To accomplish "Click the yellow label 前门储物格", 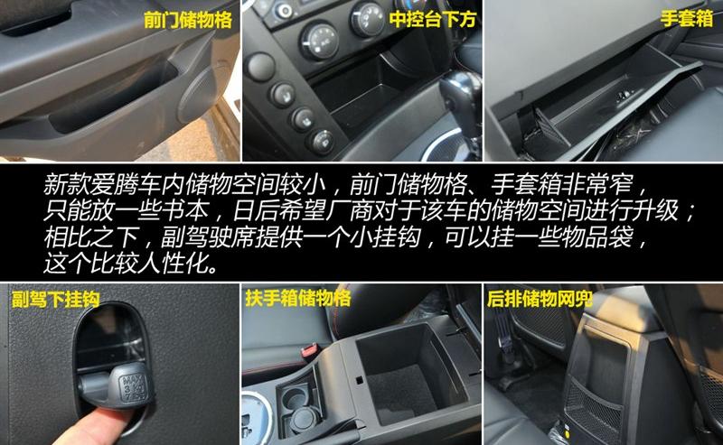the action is click(x=188, y=20).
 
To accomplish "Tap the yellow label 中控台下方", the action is click(x=433, y=19).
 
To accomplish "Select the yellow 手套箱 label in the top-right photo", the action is click(x=687, y=19).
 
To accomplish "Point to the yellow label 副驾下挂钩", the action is click(x=55, y=300).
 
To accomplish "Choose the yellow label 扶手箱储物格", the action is click(x=298, y=298).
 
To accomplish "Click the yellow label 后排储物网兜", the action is click(x=540, y=299).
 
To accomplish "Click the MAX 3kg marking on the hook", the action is click(x=133, y=387).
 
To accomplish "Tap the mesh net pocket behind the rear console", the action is click(x=595, y=405).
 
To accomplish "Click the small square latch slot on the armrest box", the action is click(x=359, y=380).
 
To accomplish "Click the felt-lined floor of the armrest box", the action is click(x=400, y=392).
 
